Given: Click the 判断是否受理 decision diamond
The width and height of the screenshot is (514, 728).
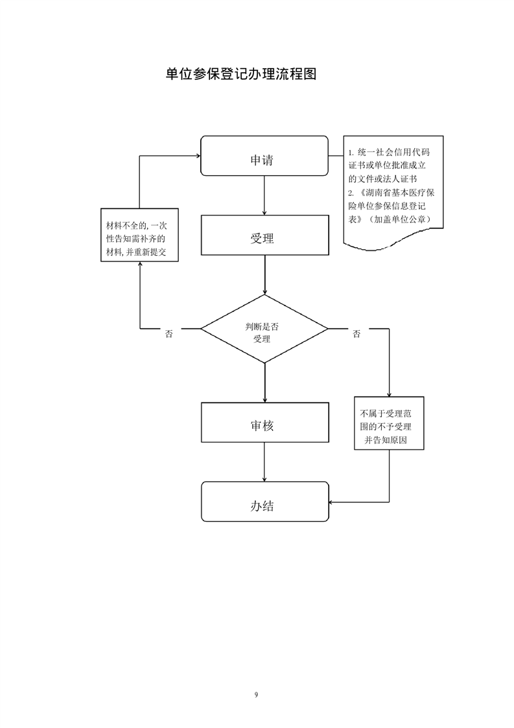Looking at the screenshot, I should tap(264, 329).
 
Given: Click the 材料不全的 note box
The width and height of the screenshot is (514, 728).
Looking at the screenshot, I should tap(140, 235).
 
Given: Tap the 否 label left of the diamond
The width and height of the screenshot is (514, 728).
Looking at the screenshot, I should tap(169, 334).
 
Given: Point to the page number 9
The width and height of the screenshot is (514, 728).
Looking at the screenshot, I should tap(257, 695).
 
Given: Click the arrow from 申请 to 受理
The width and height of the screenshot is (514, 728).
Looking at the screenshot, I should tap(264, 195).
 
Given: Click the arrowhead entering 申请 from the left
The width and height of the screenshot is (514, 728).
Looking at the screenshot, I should tap(196, 156).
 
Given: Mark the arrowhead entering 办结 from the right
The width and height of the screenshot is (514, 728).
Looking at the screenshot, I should tap(332, 502).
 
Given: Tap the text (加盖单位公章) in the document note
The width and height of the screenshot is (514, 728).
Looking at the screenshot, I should tap(399, 219).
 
